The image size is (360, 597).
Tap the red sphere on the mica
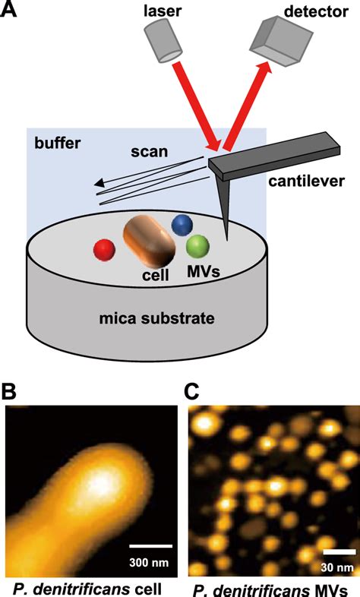point(104,250)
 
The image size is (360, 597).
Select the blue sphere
point(182,225)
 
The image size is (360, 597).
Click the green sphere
point(197,247)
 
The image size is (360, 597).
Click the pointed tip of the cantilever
point(226,237)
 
